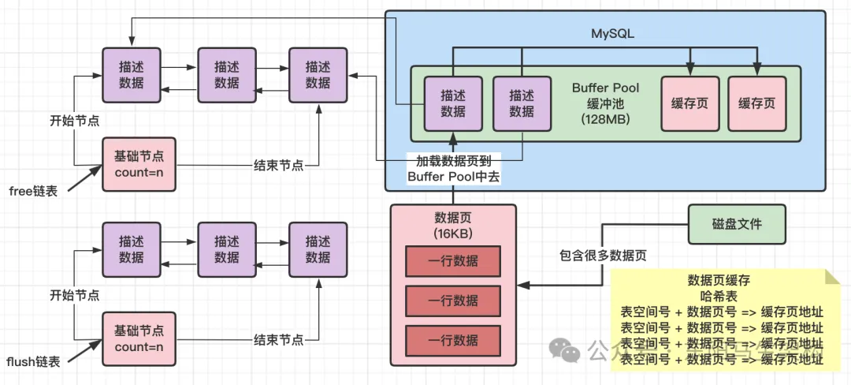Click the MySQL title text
coord(612,34)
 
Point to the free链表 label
coord(34,190)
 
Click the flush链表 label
coord(33,362)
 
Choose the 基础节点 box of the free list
coord(139,164)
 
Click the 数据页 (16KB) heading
coord(452,225)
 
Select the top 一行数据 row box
coord(452,261)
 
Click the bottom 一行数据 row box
coord(452,340)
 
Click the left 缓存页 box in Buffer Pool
coord(689,103)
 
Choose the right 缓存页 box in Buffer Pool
coord(756,103)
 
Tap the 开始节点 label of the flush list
coord(74,295)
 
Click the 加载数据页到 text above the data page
coord(452,161)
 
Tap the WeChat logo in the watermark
coord(563,348)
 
